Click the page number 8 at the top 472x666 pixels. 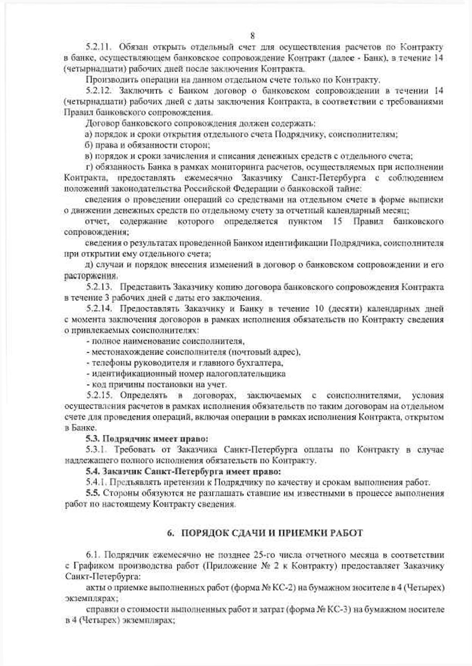coord(252,36)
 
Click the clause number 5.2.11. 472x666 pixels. coord(98,47)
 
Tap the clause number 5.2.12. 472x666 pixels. coord(98,91)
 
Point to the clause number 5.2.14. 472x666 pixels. coord(98,309)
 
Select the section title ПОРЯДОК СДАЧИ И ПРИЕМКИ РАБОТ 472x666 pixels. coord(272,533)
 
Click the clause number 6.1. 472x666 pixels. coord(93,555)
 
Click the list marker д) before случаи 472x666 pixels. coord(89,265)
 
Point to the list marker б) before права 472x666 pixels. coord(89,145)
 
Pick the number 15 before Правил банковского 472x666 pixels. coord(338,221)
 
